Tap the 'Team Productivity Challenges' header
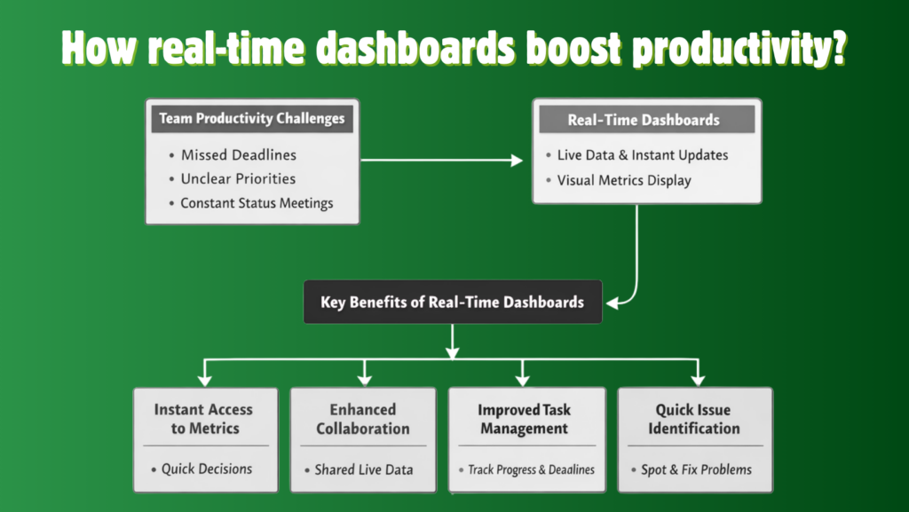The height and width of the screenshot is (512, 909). click(x=252, y=118)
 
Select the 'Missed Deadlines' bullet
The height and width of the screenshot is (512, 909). click(x=238, y=155)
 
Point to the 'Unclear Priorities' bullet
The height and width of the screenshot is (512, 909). click(x=238, y=179)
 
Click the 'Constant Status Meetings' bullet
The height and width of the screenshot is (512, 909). click(x=256, y=203)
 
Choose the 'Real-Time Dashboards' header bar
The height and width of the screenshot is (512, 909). click(x=644, y=120)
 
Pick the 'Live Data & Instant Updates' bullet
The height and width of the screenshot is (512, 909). click(x=642, y=155)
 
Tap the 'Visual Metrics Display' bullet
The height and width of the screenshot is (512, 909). click(x=623, y=180)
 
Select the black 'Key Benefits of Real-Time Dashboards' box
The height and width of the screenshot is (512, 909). click(x=453, y=303)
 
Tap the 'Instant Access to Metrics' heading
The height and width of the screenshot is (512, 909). click(x=204, y=419)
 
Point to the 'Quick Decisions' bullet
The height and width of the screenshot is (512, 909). click(x=206, y=469)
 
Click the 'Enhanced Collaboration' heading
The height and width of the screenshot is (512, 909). click(x=363, y=419)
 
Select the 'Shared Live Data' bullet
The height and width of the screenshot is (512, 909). click(x=363, y=469)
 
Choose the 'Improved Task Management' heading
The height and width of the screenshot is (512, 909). click(x=524, y=419)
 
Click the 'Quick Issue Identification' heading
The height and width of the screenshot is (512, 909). click(x=694, y=419)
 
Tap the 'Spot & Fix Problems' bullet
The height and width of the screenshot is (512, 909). click(x=696, y=469)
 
